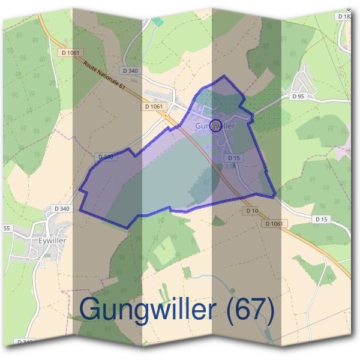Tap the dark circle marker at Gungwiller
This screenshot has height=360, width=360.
click(217, 125)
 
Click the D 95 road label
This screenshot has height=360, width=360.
click(299, 96)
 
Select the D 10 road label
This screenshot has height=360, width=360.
click(251, 211)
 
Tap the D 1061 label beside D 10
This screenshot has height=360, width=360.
click(275, 223)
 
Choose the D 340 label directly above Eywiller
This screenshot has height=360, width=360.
click(62, 209)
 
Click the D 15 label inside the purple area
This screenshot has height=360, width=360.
click(234, 158)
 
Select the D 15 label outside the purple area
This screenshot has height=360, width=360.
click(321, 220)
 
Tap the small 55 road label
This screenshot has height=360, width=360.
click(7, 229)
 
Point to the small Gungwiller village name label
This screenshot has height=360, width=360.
click(214, 127)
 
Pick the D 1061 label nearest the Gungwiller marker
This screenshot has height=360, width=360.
click(154, 106)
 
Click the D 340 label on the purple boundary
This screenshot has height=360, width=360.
click(105, 157)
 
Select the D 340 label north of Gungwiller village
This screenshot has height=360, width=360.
click(130, 70)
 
